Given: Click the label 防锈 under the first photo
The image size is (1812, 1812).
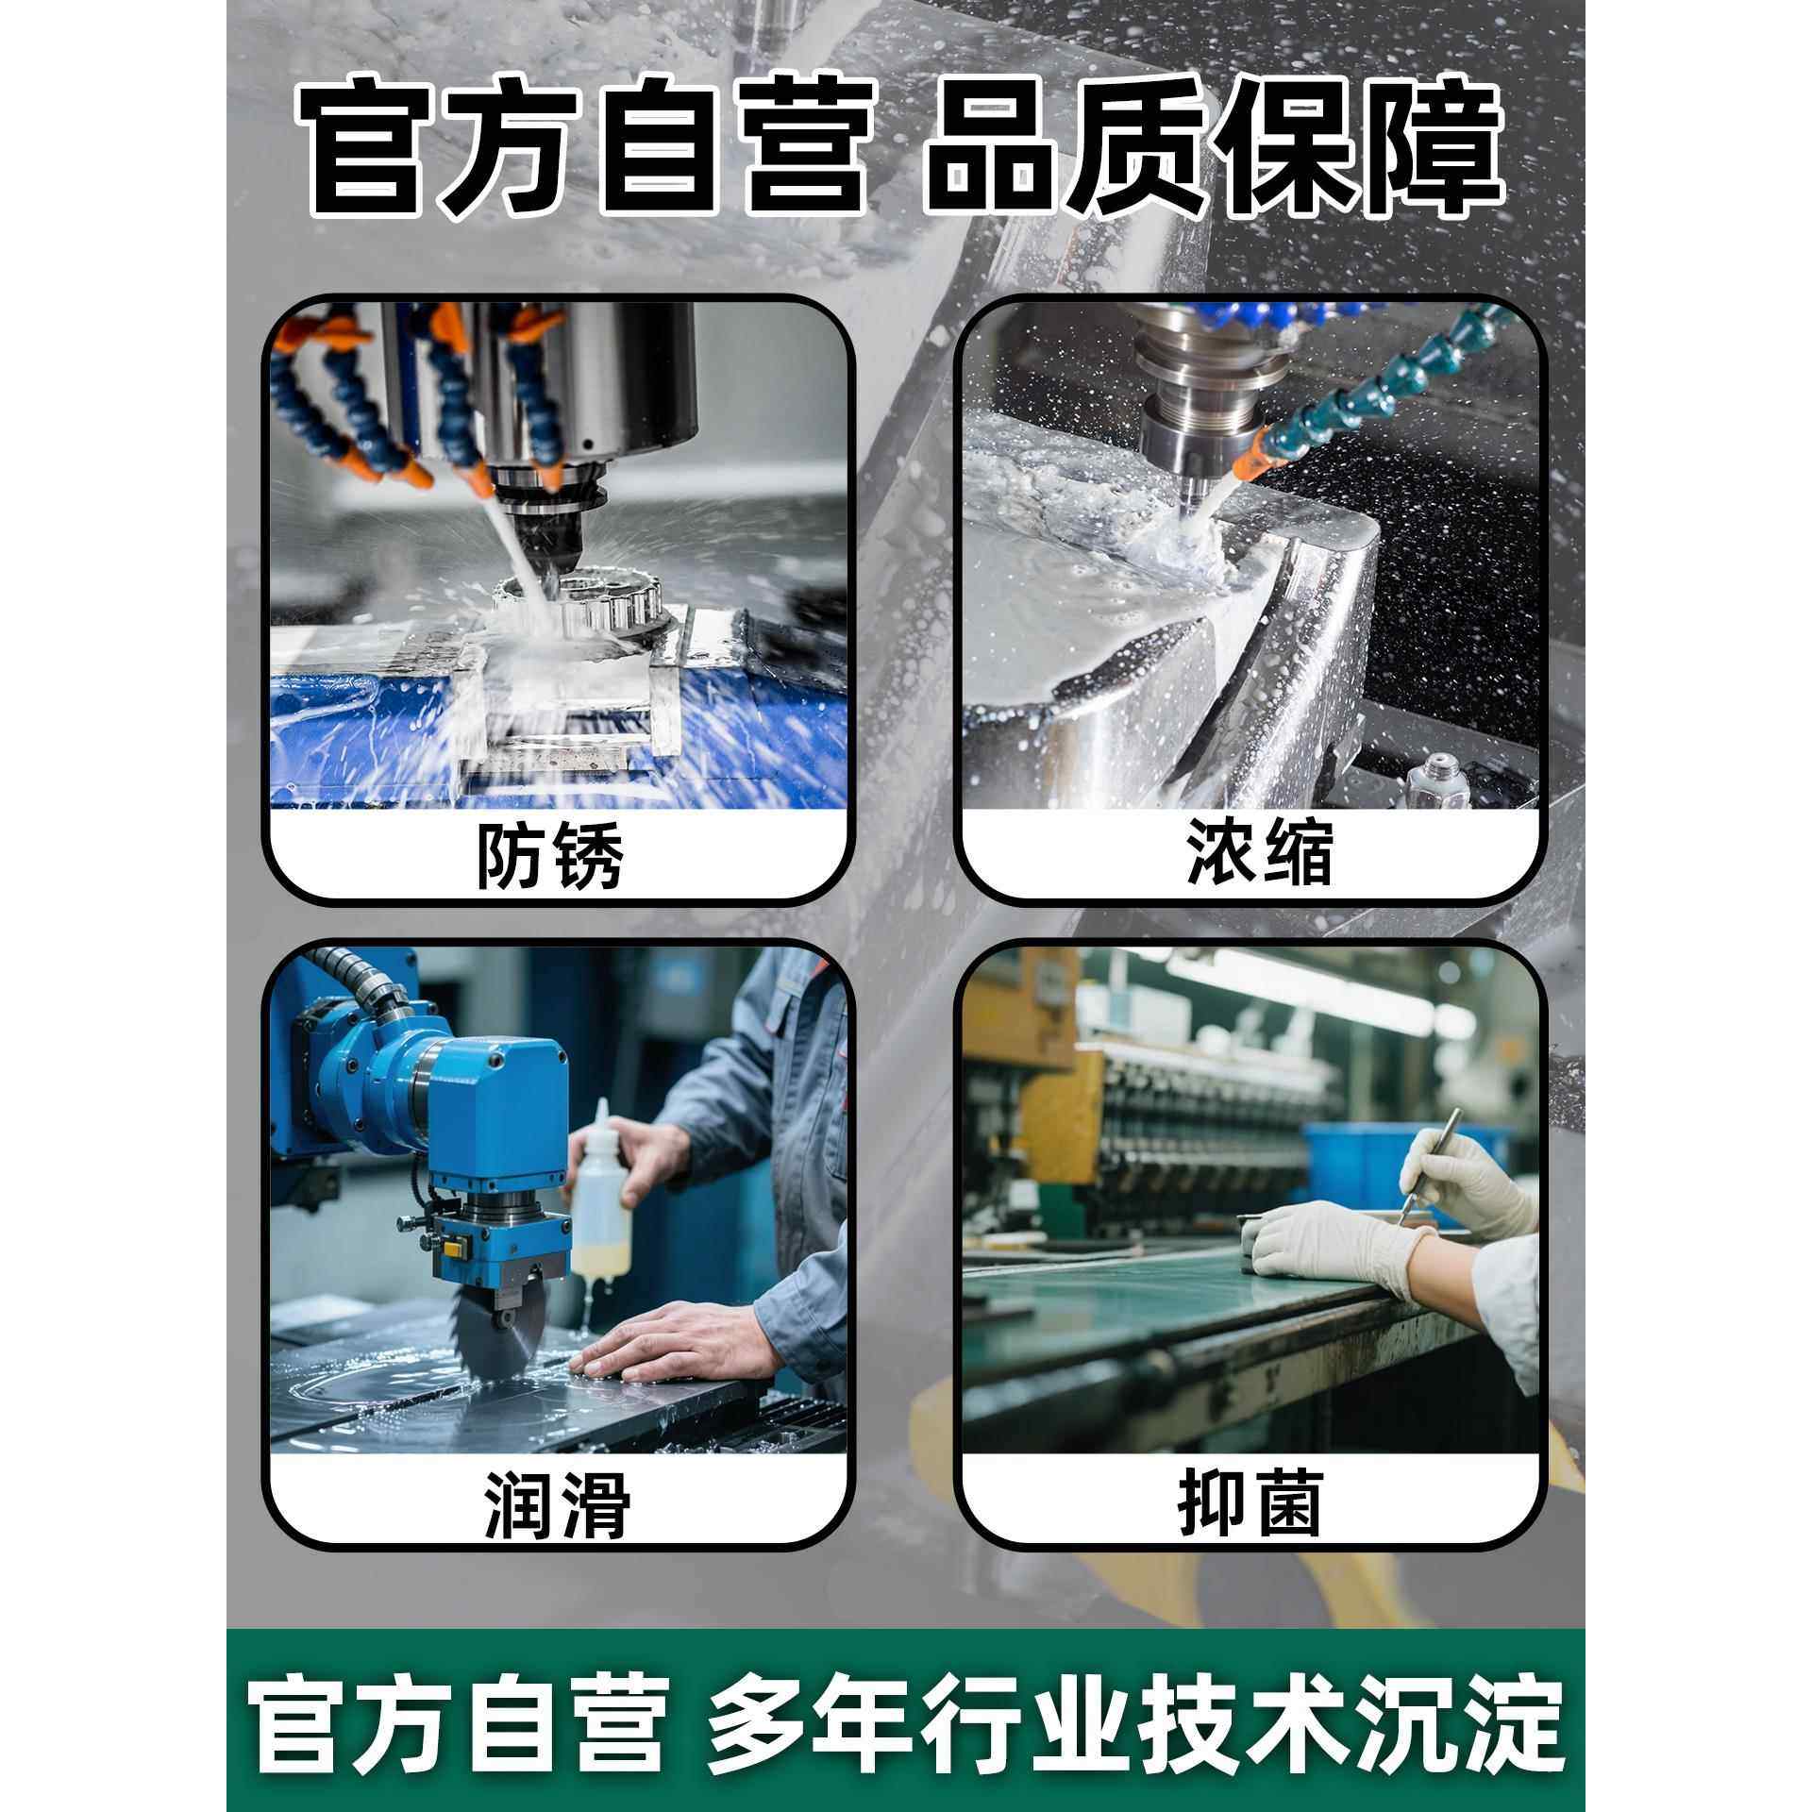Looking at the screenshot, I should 550,855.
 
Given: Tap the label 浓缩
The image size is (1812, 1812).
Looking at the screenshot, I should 1260,851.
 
